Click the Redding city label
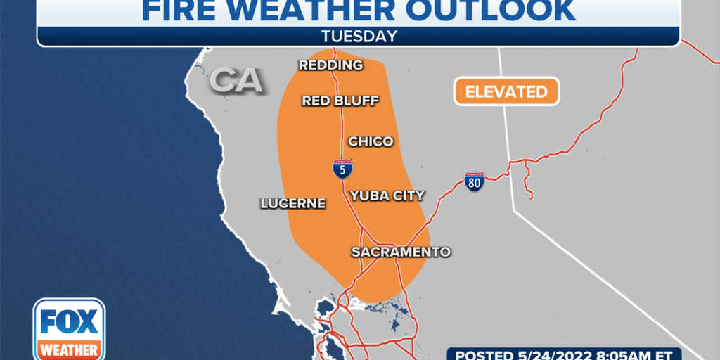coord(330,65)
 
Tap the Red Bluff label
coord(340,101)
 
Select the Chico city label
coord(371,141)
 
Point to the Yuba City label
coord(387,195)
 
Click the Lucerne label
coord(293,204)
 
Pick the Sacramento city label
coord(401,252)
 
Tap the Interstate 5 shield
coord(342,168)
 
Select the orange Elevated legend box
coord(506,91)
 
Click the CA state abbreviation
coord(236,81)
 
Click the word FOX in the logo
coord(69,322)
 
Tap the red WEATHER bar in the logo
coord(69,349)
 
